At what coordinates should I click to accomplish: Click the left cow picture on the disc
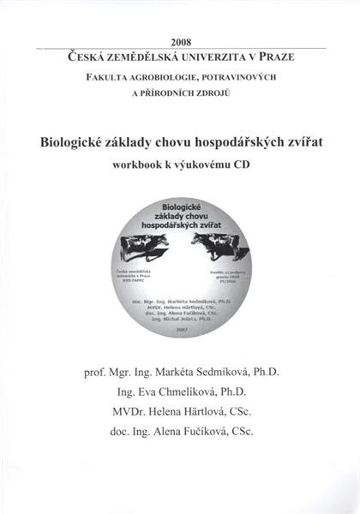click(x=141, y=247)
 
